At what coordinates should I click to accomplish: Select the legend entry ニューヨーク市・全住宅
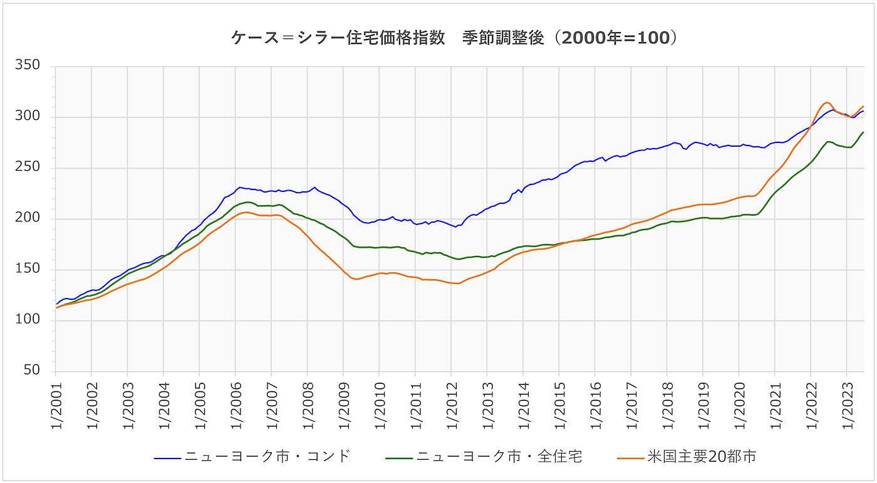point(499,457)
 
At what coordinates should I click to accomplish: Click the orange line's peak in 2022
point(827,102)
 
